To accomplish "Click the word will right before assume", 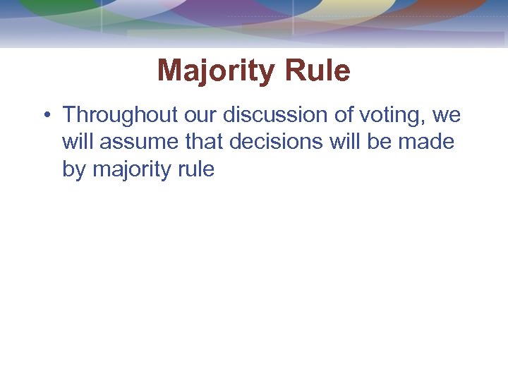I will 78,142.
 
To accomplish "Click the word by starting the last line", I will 74,171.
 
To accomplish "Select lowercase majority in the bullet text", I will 133,171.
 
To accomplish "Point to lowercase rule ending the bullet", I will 197,169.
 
